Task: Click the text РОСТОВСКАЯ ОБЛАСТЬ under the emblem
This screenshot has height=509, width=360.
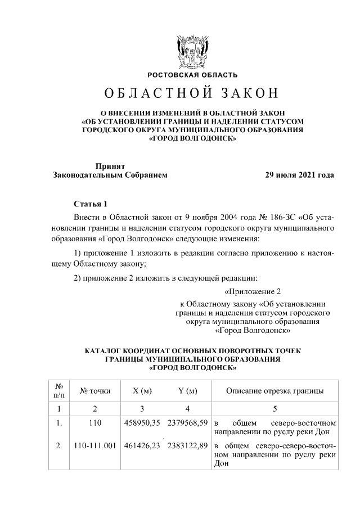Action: (x=192, y=75)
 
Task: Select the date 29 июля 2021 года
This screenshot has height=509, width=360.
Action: (x=300, y=175)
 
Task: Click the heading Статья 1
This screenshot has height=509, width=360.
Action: (x=90, y=203)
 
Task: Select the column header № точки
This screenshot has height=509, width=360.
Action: (x=94, y=390)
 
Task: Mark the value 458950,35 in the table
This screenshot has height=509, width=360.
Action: (x=142, y=422)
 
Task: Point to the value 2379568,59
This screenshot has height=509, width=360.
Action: (x=188, y=422)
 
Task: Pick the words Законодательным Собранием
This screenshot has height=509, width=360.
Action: (x=110, y=175)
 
